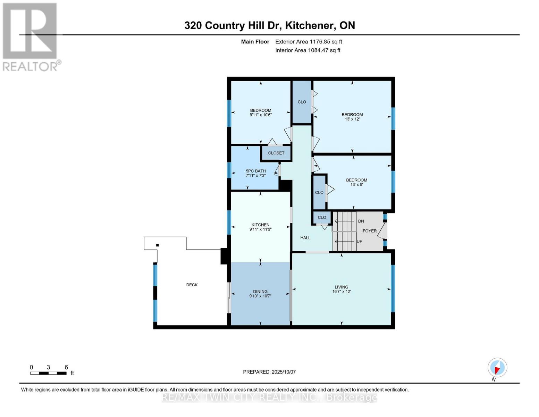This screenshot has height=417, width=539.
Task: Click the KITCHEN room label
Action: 260,225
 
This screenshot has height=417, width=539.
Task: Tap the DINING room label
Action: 260,292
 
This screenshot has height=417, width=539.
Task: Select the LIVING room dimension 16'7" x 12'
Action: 341,292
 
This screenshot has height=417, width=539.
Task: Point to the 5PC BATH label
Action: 256,171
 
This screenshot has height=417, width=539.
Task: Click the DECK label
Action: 192,285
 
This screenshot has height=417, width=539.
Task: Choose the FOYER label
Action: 370,231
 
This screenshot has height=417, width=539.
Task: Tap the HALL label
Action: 305,238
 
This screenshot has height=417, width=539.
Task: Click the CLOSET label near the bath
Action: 276,153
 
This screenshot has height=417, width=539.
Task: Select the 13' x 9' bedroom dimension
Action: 356,185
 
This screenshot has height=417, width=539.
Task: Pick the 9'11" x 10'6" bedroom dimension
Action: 260,115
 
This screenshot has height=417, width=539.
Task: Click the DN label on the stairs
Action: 361,221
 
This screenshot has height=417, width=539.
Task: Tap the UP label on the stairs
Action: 360,241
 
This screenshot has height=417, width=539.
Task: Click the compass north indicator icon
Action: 497,368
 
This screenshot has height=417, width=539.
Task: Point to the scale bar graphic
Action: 48,373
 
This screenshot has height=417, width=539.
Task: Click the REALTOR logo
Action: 31,37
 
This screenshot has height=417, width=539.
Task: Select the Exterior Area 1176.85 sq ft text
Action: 309,42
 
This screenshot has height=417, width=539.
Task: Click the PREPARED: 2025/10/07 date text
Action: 269,372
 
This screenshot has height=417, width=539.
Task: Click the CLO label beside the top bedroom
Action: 302,102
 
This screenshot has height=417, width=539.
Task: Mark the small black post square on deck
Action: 157,245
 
